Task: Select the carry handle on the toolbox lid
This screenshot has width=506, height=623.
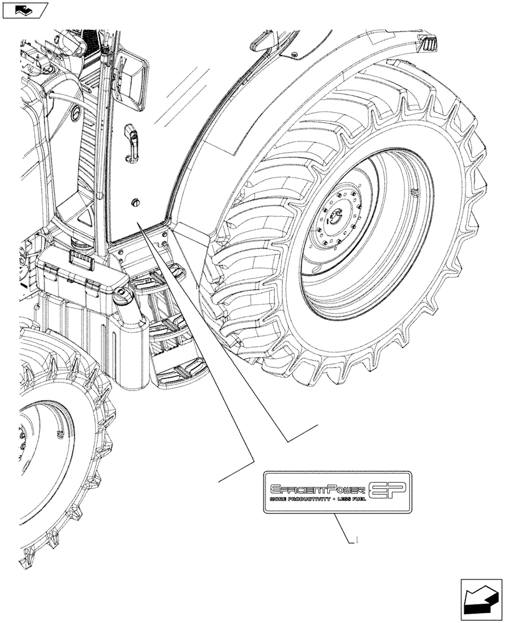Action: (79, 259)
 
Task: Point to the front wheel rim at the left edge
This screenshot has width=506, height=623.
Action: (44, 449)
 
